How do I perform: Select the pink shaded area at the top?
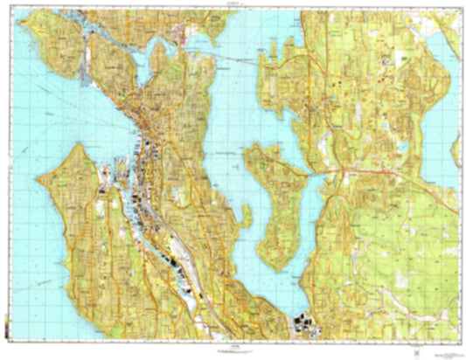[183, 36]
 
